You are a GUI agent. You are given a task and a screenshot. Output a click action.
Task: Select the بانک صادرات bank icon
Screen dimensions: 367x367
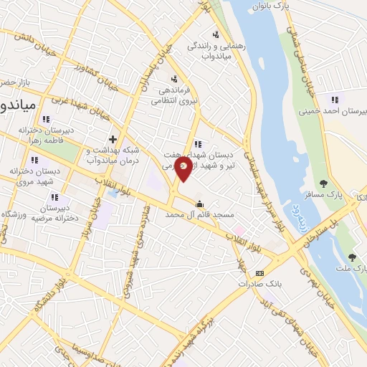(259, 273)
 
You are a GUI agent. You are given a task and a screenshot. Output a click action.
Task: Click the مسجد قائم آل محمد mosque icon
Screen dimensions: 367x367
(199, 203)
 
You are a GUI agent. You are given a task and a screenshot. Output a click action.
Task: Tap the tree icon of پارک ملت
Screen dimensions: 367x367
(351, 257)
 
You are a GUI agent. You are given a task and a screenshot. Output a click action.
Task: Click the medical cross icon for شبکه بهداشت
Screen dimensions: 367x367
(112, 139)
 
